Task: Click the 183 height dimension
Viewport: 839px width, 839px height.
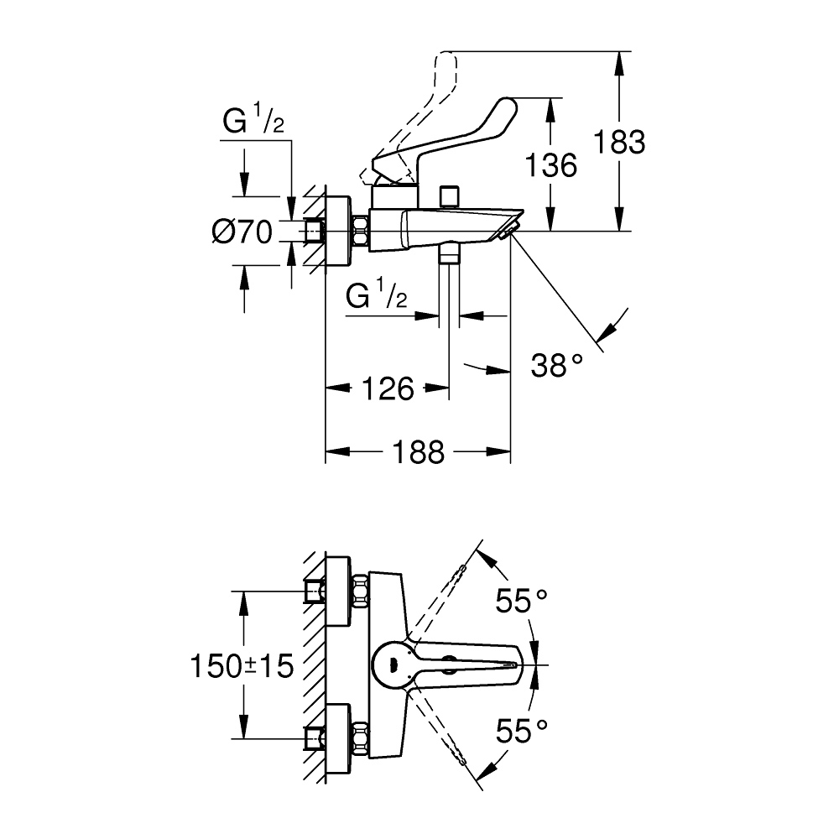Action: (619, 143)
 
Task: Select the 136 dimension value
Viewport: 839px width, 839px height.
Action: (550, 165)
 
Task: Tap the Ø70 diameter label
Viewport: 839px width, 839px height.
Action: (243, 232)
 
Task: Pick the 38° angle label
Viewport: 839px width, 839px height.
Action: (556, 366)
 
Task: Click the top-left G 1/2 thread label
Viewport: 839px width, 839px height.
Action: (253, 123)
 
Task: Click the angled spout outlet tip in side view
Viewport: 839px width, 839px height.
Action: (510, 227)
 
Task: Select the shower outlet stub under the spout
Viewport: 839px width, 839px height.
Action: (451, 253)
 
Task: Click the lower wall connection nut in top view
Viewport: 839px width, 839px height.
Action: (361, 735)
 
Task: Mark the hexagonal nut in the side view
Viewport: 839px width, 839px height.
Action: (362, 231)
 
